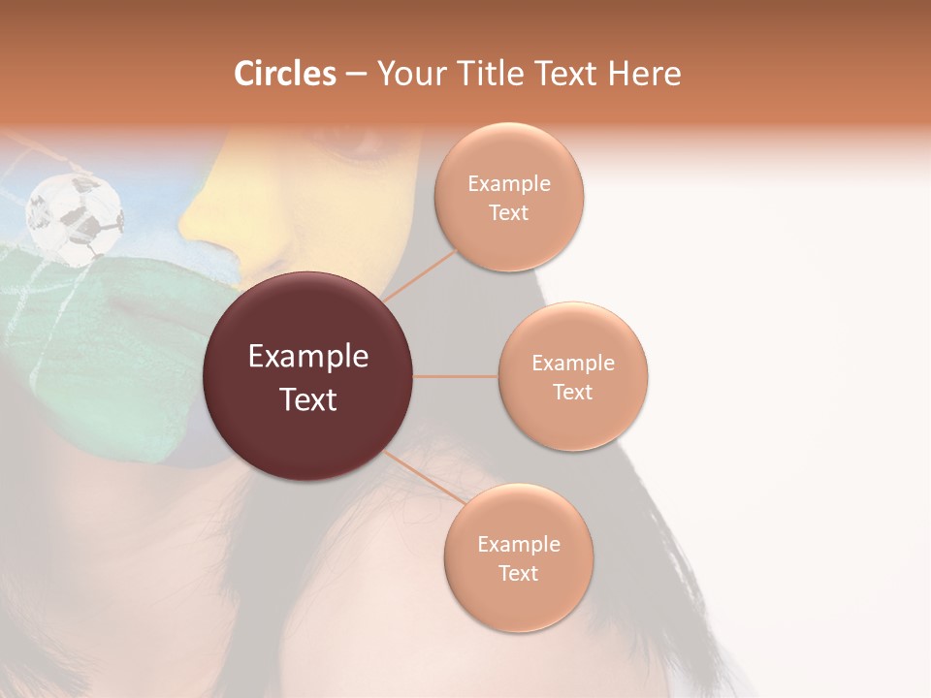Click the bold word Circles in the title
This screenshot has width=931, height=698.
(285, 74)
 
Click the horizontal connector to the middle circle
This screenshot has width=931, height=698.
(456, 376)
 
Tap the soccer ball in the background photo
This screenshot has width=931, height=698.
(75, 218)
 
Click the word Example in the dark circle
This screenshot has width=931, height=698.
(308, 357)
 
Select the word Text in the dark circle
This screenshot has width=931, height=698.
(308, 399)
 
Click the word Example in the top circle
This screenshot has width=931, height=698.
(509, 184)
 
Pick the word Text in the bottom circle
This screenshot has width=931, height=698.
(518, 573)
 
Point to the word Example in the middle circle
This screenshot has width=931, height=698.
(573, 364)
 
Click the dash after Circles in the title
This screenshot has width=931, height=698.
(356, 74)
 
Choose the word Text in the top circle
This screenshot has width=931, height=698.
(508, 212)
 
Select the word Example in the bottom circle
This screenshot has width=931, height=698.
(519, 545)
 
